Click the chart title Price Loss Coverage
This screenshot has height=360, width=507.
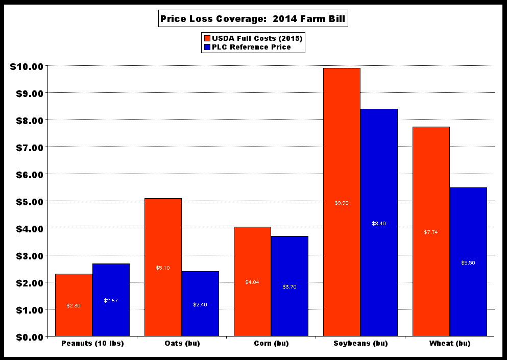click(254, 19)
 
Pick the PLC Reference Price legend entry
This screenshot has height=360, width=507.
click(247, 47)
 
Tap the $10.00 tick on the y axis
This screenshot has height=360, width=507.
click(27, 66)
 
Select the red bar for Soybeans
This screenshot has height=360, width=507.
click(342, 153)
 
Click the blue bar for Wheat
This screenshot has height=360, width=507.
click(468, 230)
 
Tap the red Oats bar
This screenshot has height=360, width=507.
click(163, 230)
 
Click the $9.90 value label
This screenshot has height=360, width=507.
click(342, 203)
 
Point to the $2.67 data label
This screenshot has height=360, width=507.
click(111, 301)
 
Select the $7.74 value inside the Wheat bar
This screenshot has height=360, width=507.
click(431, 232)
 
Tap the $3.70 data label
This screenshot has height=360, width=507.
click(289, 287)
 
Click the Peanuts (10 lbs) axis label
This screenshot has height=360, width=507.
click(92, 344)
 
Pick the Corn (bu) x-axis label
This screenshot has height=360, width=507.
click(271, 344)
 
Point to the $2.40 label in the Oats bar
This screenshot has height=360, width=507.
click(200, 305)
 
